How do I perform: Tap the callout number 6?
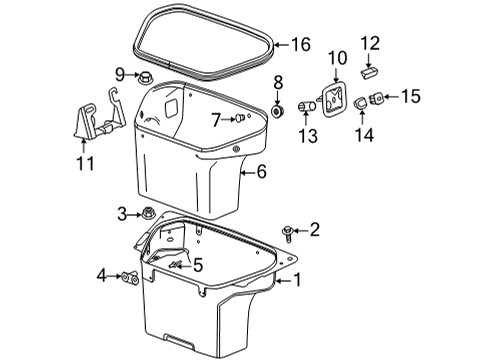pos(261,172)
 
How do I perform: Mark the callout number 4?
pos(100,275)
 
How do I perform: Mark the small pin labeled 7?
pos(240,118)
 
